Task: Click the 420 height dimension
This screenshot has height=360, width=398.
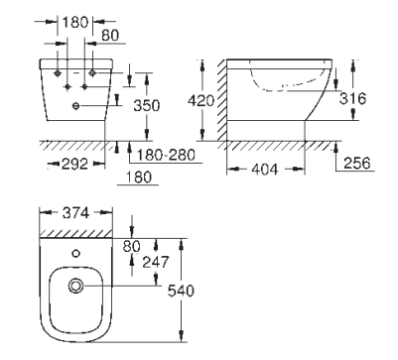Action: [200, 100]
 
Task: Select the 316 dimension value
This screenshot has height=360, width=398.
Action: [352, 98]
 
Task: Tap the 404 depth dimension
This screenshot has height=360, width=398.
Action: [265, 170]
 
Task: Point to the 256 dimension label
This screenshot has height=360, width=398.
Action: [357, 163]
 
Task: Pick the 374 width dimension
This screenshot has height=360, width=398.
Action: [75, 213]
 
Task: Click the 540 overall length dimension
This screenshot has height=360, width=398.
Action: [181, 291]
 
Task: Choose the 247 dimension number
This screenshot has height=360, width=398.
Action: [156, 262]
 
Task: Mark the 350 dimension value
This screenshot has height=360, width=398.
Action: [147, 105]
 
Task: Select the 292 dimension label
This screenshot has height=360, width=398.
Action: [75, 164]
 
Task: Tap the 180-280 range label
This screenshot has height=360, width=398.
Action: [166, 155]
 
